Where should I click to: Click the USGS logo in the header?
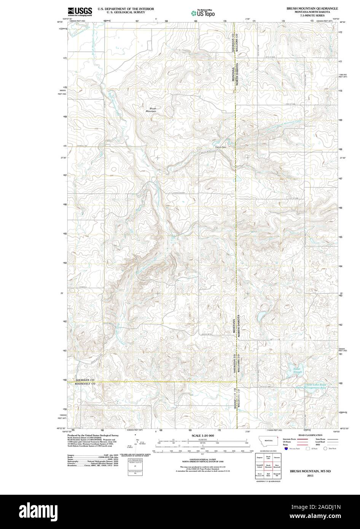click(80, 12)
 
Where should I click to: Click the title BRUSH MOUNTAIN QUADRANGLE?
click(312, 8)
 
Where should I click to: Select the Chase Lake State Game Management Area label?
click(312, 386)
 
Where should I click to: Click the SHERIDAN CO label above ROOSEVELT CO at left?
click(84, 380)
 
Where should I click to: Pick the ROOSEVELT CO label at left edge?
click(84, 384)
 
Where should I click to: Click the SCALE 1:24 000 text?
click(203, 435)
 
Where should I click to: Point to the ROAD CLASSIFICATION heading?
click(311, 435)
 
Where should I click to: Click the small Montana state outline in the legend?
click(269, 440)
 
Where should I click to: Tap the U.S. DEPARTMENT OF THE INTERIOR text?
click(120, 8)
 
